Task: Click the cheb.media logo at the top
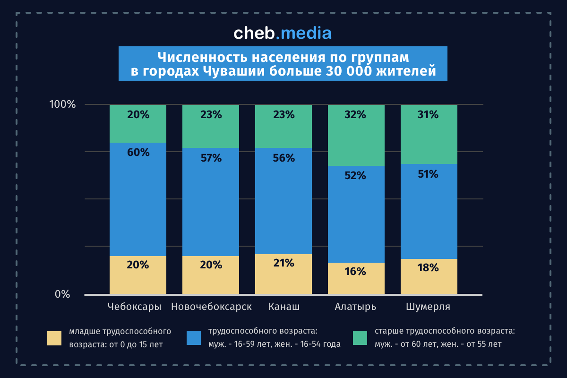tap(283, 33)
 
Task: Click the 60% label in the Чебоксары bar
tap(138, 152)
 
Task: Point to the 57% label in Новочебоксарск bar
tap(211, 158)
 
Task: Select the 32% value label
tap(356, 114)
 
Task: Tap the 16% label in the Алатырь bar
tap(356, 272)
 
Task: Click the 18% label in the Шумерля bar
tap(429, 268)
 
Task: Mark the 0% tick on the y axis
tap(62, 294)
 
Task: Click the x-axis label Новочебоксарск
tap(211, 307)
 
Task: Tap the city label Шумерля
tap(429, 307)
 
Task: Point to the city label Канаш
tap(283, 307)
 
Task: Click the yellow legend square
tap(54, 338)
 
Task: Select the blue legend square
tap(194, 338)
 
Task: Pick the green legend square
tap(360, 338)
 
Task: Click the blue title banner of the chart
tap(283, 64)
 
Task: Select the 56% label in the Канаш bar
tap(283, 158)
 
